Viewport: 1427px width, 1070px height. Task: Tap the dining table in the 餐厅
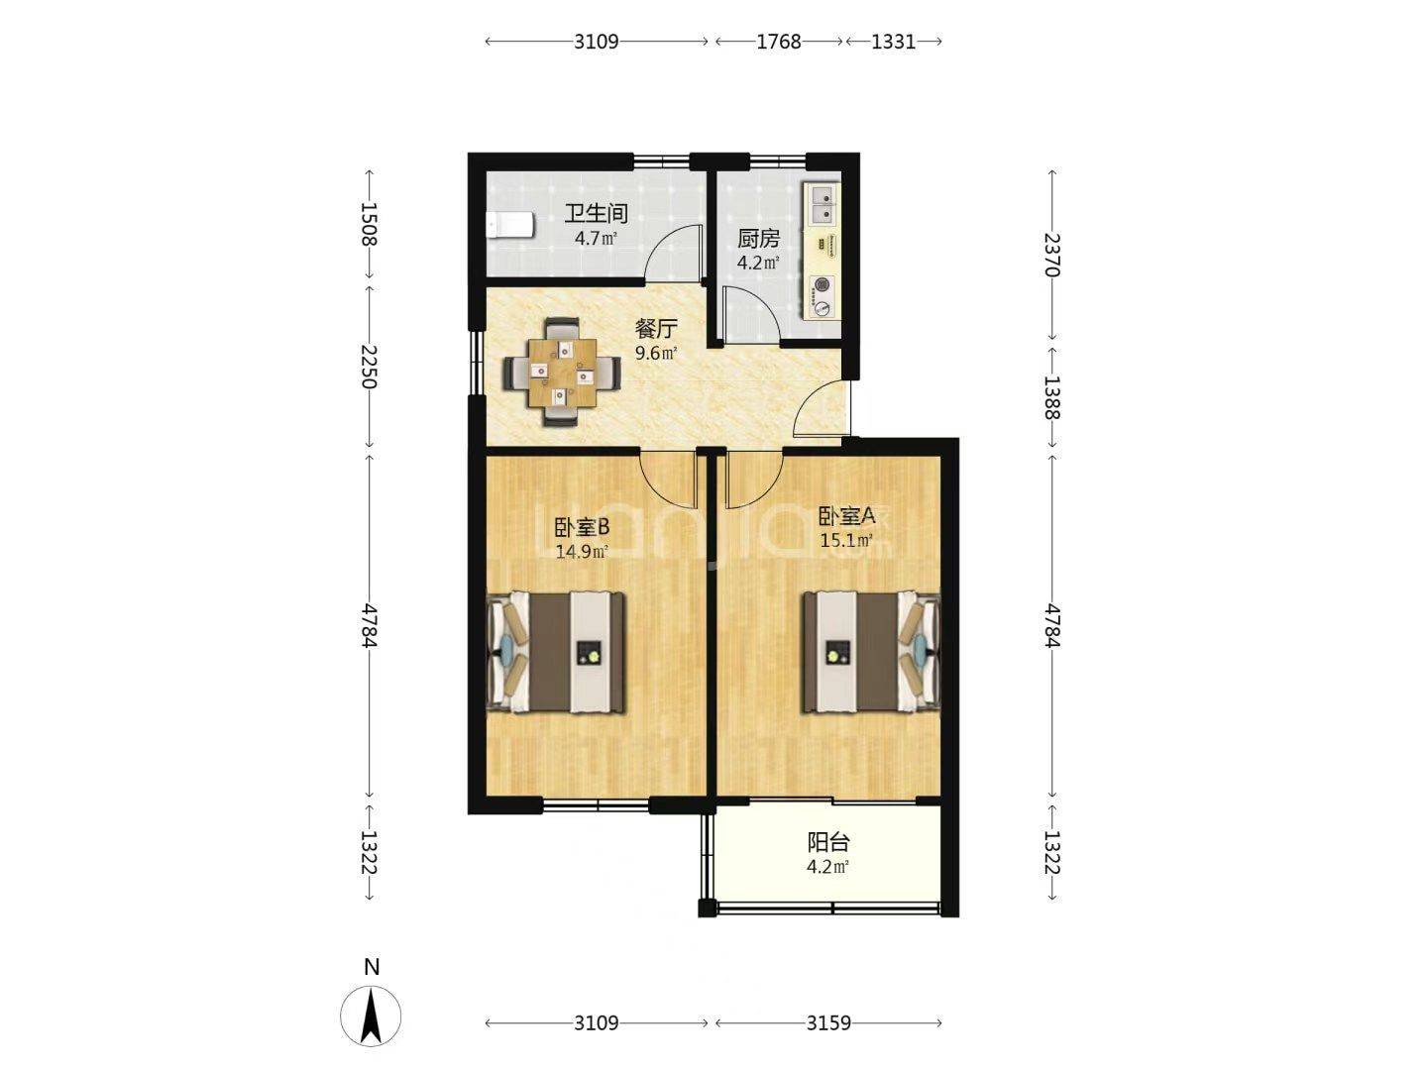pyautogui.click(x=562, y=372)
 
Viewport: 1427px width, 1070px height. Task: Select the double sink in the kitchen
pyautogui.click(x=823, y=204)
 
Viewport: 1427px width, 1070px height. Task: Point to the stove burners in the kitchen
pyautogui.click(x=823, y=296)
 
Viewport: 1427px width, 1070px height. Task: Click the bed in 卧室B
pyautogui.click(x=557, y=652)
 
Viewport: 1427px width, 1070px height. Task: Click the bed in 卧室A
pyautogui.click(x=872, y=652)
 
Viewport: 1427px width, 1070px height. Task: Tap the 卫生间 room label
pyautogui.click(x=596, y=213)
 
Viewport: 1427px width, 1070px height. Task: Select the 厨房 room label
pyautogui.click(x=758, y=239)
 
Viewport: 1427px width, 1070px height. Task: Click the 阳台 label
pyautogui.click(x=828, y=842)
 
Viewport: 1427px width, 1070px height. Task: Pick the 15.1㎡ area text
pyautogui.click(x=845, y=540)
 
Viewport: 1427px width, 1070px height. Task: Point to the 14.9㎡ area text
pyautogui.click(x=582, y=552)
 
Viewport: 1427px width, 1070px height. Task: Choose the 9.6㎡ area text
pyautogui.click(x=656, y=353)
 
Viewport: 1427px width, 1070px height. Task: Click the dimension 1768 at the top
pyautogui.click(x=779, y=42)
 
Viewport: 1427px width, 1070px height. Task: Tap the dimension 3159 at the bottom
pyautogui.click(x=828, y=1023)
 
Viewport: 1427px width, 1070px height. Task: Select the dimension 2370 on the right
pyautogui.click(x=1051, y=255)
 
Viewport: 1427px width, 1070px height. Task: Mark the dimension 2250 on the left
pyautogui.click(x=369, y=367)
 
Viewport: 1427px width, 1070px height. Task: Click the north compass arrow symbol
pyautogui.click(x=371, y=1016)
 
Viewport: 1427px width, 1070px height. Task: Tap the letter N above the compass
pyautogui.click(x=372, y=967)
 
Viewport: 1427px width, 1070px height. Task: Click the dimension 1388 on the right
pyautogui.click(x=1051, y=397)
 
